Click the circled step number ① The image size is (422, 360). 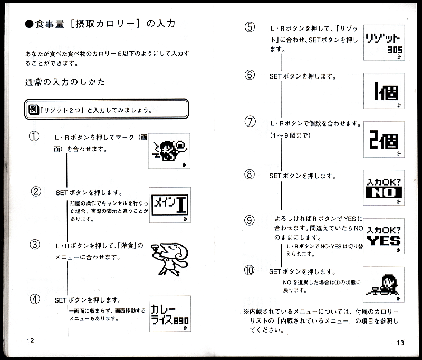tap(34, 137)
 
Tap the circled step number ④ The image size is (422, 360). tap(35, 299)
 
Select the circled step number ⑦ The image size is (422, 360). tap(250, 122)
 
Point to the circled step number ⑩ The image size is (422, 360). tap(249, 270)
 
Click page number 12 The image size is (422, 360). tap(30, 340)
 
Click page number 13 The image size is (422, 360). tap(400, 343)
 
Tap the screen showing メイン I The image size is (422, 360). tap(170, 205)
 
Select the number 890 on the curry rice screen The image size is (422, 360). tap(181, 320)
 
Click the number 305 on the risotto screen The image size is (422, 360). tap(395, 50)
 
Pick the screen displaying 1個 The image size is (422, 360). tap(384, 91)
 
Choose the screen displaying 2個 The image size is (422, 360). tap(384, 139)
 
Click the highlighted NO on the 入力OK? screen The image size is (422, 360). tap(383, 192)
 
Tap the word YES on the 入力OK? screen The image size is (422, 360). tap(384, 241)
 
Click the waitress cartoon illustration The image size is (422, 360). tap(169, 259)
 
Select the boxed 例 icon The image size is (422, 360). tap(34, 110)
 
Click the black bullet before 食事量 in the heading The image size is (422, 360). tap(29, 24)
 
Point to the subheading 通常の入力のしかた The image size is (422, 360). tap(65, 82)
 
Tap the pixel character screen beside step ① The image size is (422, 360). tap(169, 151)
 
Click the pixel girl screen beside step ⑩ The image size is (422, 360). tap(383, 285)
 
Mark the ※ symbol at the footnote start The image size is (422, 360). tap(246, 312)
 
